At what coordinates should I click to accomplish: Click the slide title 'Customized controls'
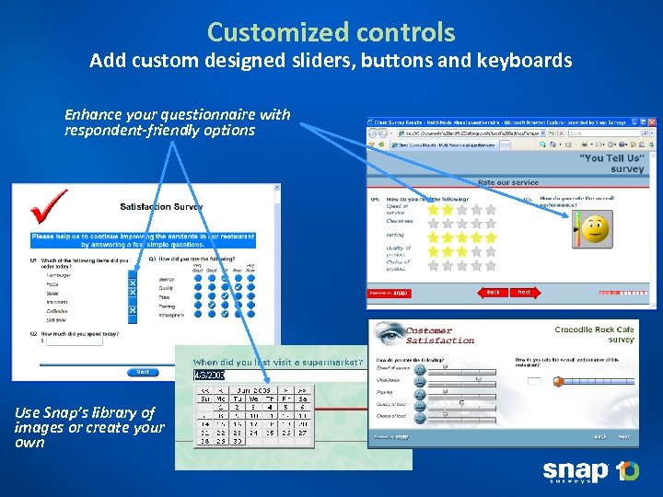coord(331,32)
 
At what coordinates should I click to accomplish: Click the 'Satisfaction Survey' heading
coord(161,206)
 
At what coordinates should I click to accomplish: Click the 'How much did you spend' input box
coord(74,341)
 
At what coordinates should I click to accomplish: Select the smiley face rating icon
coord(595,227)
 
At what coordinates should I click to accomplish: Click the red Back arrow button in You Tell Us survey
coord(493,292)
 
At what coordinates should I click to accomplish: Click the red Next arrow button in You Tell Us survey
coord(524,292)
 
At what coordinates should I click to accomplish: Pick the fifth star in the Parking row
coord(491,237)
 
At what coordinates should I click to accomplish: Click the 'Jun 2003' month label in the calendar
coord(254,390)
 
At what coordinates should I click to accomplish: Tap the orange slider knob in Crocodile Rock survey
coord(557,381)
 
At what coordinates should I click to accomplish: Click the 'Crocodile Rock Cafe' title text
coord(594,329)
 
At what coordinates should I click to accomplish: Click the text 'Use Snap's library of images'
coord(85,420)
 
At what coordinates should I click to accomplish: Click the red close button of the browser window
coord(651,121)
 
